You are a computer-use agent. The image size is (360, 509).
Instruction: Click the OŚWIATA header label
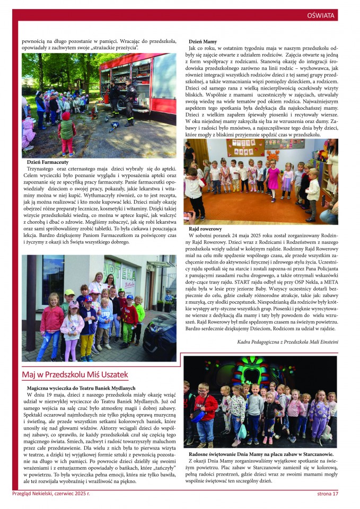[321, 16]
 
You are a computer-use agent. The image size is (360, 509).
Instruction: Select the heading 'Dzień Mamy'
[203, 41]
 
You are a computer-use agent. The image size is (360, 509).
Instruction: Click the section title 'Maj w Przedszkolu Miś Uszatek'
[75, 375]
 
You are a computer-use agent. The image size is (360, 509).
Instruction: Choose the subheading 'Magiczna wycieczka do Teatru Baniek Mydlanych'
[81, 388]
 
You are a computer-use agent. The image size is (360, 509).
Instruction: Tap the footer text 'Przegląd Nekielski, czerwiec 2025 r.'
[51, 494]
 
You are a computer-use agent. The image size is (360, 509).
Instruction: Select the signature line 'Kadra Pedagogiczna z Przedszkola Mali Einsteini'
[287, 342]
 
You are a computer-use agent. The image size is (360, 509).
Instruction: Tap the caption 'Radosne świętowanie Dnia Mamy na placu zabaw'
[261, 454]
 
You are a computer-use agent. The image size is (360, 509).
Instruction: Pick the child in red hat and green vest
[67, 133]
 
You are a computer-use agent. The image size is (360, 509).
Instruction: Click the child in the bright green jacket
[139, 313]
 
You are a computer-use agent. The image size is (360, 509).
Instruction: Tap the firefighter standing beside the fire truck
[129, 103]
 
